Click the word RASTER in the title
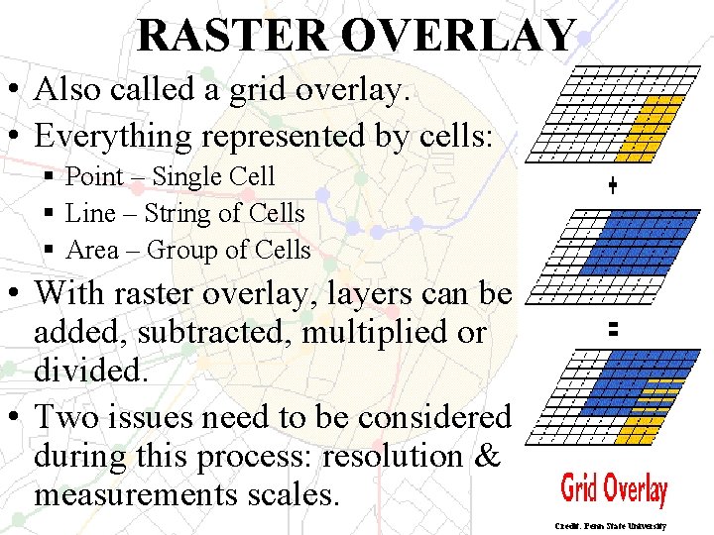(233, 35)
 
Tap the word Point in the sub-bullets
(94, 177)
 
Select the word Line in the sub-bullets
(86, 214)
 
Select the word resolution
(392, 457)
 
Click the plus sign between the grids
(613, 185)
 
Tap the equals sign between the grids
(613, 332)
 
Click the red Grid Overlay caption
(614, 489)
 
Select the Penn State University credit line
(611, 526)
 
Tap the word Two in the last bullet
(67, 417)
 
